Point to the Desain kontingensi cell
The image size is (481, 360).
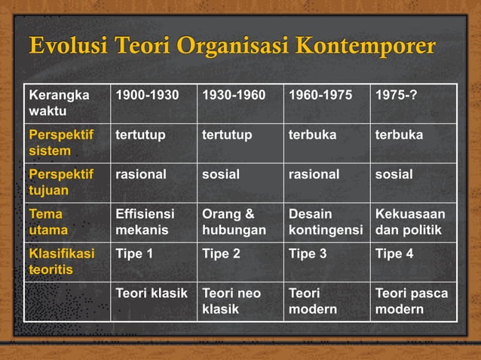326,222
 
